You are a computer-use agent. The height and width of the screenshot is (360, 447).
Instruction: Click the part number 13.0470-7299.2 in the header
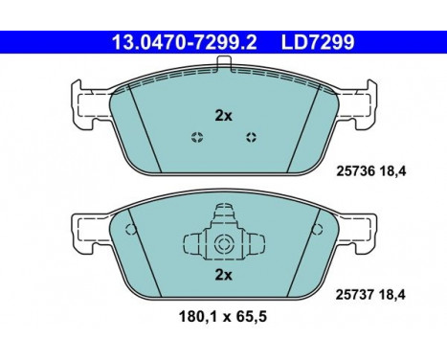coord(185,42)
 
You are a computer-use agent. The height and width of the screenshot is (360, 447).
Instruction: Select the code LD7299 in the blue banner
coord(318,42)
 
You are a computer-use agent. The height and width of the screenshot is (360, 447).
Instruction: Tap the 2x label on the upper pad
coord(223,116)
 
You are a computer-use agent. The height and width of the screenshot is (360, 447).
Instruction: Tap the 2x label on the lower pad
coord(223,275)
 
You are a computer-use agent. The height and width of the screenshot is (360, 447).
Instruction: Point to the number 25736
coord(355,171)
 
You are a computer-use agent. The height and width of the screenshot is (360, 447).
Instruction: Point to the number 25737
coord(355,295)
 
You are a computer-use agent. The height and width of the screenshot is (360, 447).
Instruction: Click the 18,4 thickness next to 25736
coord(392,171)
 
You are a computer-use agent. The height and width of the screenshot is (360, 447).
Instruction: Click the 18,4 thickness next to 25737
coord(392,295)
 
